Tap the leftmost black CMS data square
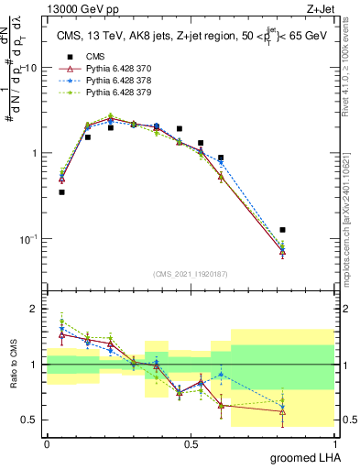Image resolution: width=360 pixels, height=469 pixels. [x=61, y=192]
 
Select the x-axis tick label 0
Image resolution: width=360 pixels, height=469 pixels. [x=47, y=443]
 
